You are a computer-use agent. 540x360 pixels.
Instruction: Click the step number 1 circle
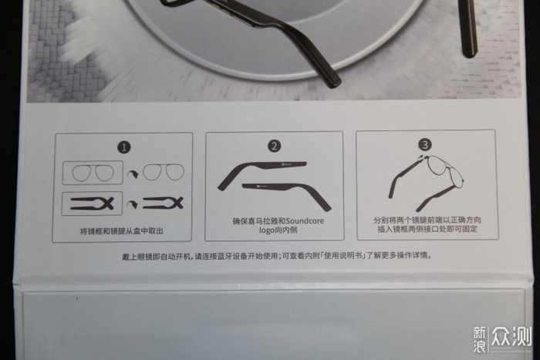[124, 148]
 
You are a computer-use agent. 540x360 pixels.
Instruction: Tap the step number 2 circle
[274, 146]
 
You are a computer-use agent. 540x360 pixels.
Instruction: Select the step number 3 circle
[425, 145]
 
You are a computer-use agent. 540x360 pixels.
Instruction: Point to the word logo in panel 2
[267, 230]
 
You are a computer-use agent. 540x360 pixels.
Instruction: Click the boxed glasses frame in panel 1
[93, 173]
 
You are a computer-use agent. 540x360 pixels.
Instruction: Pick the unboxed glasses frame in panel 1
[164, 172]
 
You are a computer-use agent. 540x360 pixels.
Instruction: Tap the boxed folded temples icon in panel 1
[92, 204]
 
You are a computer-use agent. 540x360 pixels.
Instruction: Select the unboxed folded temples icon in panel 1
[163, 203]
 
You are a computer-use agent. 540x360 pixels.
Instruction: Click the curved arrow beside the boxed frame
[132, 174]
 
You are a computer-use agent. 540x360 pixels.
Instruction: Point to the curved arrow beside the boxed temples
[132, 205]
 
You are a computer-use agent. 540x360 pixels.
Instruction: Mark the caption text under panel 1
[122, 231]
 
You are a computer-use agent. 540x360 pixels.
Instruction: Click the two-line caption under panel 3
[427, 224]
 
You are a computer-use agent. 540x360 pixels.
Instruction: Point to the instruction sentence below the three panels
[277, 256]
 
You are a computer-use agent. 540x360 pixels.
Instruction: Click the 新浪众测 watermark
[501, 338]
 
